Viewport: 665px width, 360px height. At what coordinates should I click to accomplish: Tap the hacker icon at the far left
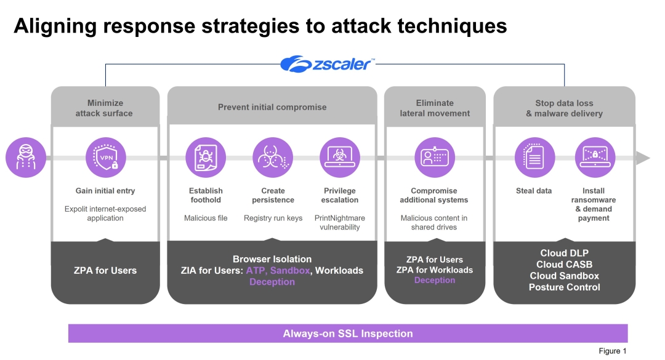pos(26,158)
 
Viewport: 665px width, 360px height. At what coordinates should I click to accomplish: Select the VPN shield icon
pos(105,158)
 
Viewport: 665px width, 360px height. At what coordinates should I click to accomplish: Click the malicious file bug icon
pos(206,158)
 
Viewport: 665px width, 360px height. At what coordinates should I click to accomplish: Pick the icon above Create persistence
pos(273,158)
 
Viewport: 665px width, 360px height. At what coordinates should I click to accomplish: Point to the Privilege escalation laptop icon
pos(340,158)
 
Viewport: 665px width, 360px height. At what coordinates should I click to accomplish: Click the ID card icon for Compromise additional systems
pos(434,158)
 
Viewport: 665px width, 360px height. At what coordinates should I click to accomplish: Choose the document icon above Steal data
pos(534,158)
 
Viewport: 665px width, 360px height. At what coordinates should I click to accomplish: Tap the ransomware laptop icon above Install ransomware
pos(594,158)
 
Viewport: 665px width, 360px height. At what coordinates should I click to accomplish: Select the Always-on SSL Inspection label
pos(348,334)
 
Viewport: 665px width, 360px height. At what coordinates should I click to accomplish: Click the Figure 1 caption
pos(612,351)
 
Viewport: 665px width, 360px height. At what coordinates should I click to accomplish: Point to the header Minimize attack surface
pos(105,108)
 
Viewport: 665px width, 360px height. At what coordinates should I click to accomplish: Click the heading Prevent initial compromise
pos(272,107)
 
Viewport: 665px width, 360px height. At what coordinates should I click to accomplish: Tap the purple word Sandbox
pos(290,271)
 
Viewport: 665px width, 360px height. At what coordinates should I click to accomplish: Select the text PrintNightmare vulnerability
pos(340,223)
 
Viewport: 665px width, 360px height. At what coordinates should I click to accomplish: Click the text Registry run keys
pos(273,218)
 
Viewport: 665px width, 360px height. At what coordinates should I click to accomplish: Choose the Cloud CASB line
pos(564,265)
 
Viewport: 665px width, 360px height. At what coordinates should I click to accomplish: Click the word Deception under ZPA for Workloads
pos(434,281)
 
